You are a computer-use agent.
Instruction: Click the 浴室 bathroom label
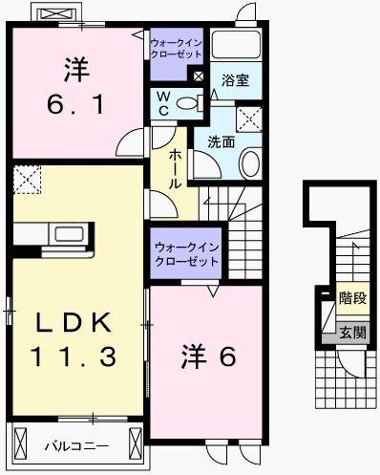[x=236, y=80]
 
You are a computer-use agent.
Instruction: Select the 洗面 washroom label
[x=221, y=140]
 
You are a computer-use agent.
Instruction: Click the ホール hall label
[x=177, y=168]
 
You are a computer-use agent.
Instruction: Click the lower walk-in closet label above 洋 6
[x=187, y=255]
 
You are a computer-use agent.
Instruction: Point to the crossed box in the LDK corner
[x=28, y=179]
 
